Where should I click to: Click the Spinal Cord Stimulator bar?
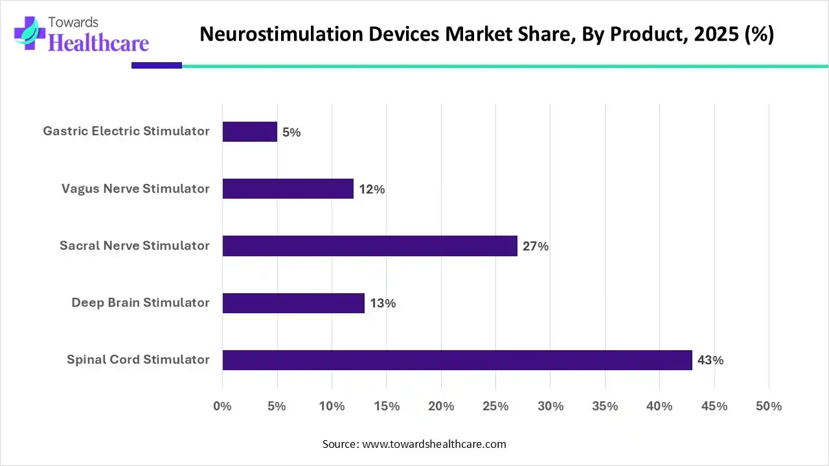coord(457,360)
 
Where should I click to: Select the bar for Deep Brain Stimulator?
coord(293,303)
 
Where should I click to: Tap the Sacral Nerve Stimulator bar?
coord(370,246)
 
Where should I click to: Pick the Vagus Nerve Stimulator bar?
coord(288,189)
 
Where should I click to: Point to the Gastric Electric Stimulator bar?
coord(249,132)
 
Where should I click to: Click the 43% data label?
coord(710,361)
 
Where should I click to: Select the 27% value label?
coord(536,247)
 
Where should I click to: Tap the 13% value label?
coord(383,304)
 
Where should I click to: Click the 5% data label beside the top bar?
coord(291,133)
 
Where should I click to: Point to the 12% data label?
coord(372,190)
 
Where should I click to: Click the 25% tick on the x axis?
coord(495,406)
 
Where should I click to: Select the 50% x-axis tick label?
coord(769,406)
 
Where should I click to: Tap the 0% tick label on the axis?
coord(222,406)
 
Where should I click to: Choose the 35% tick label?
coord(605,406)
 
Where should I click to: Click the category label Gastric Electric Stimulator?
coord(126,131)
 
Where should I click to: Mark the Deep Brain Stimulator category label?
coord(141,302)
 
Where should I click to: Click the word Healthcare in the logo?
coord(98,43)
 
